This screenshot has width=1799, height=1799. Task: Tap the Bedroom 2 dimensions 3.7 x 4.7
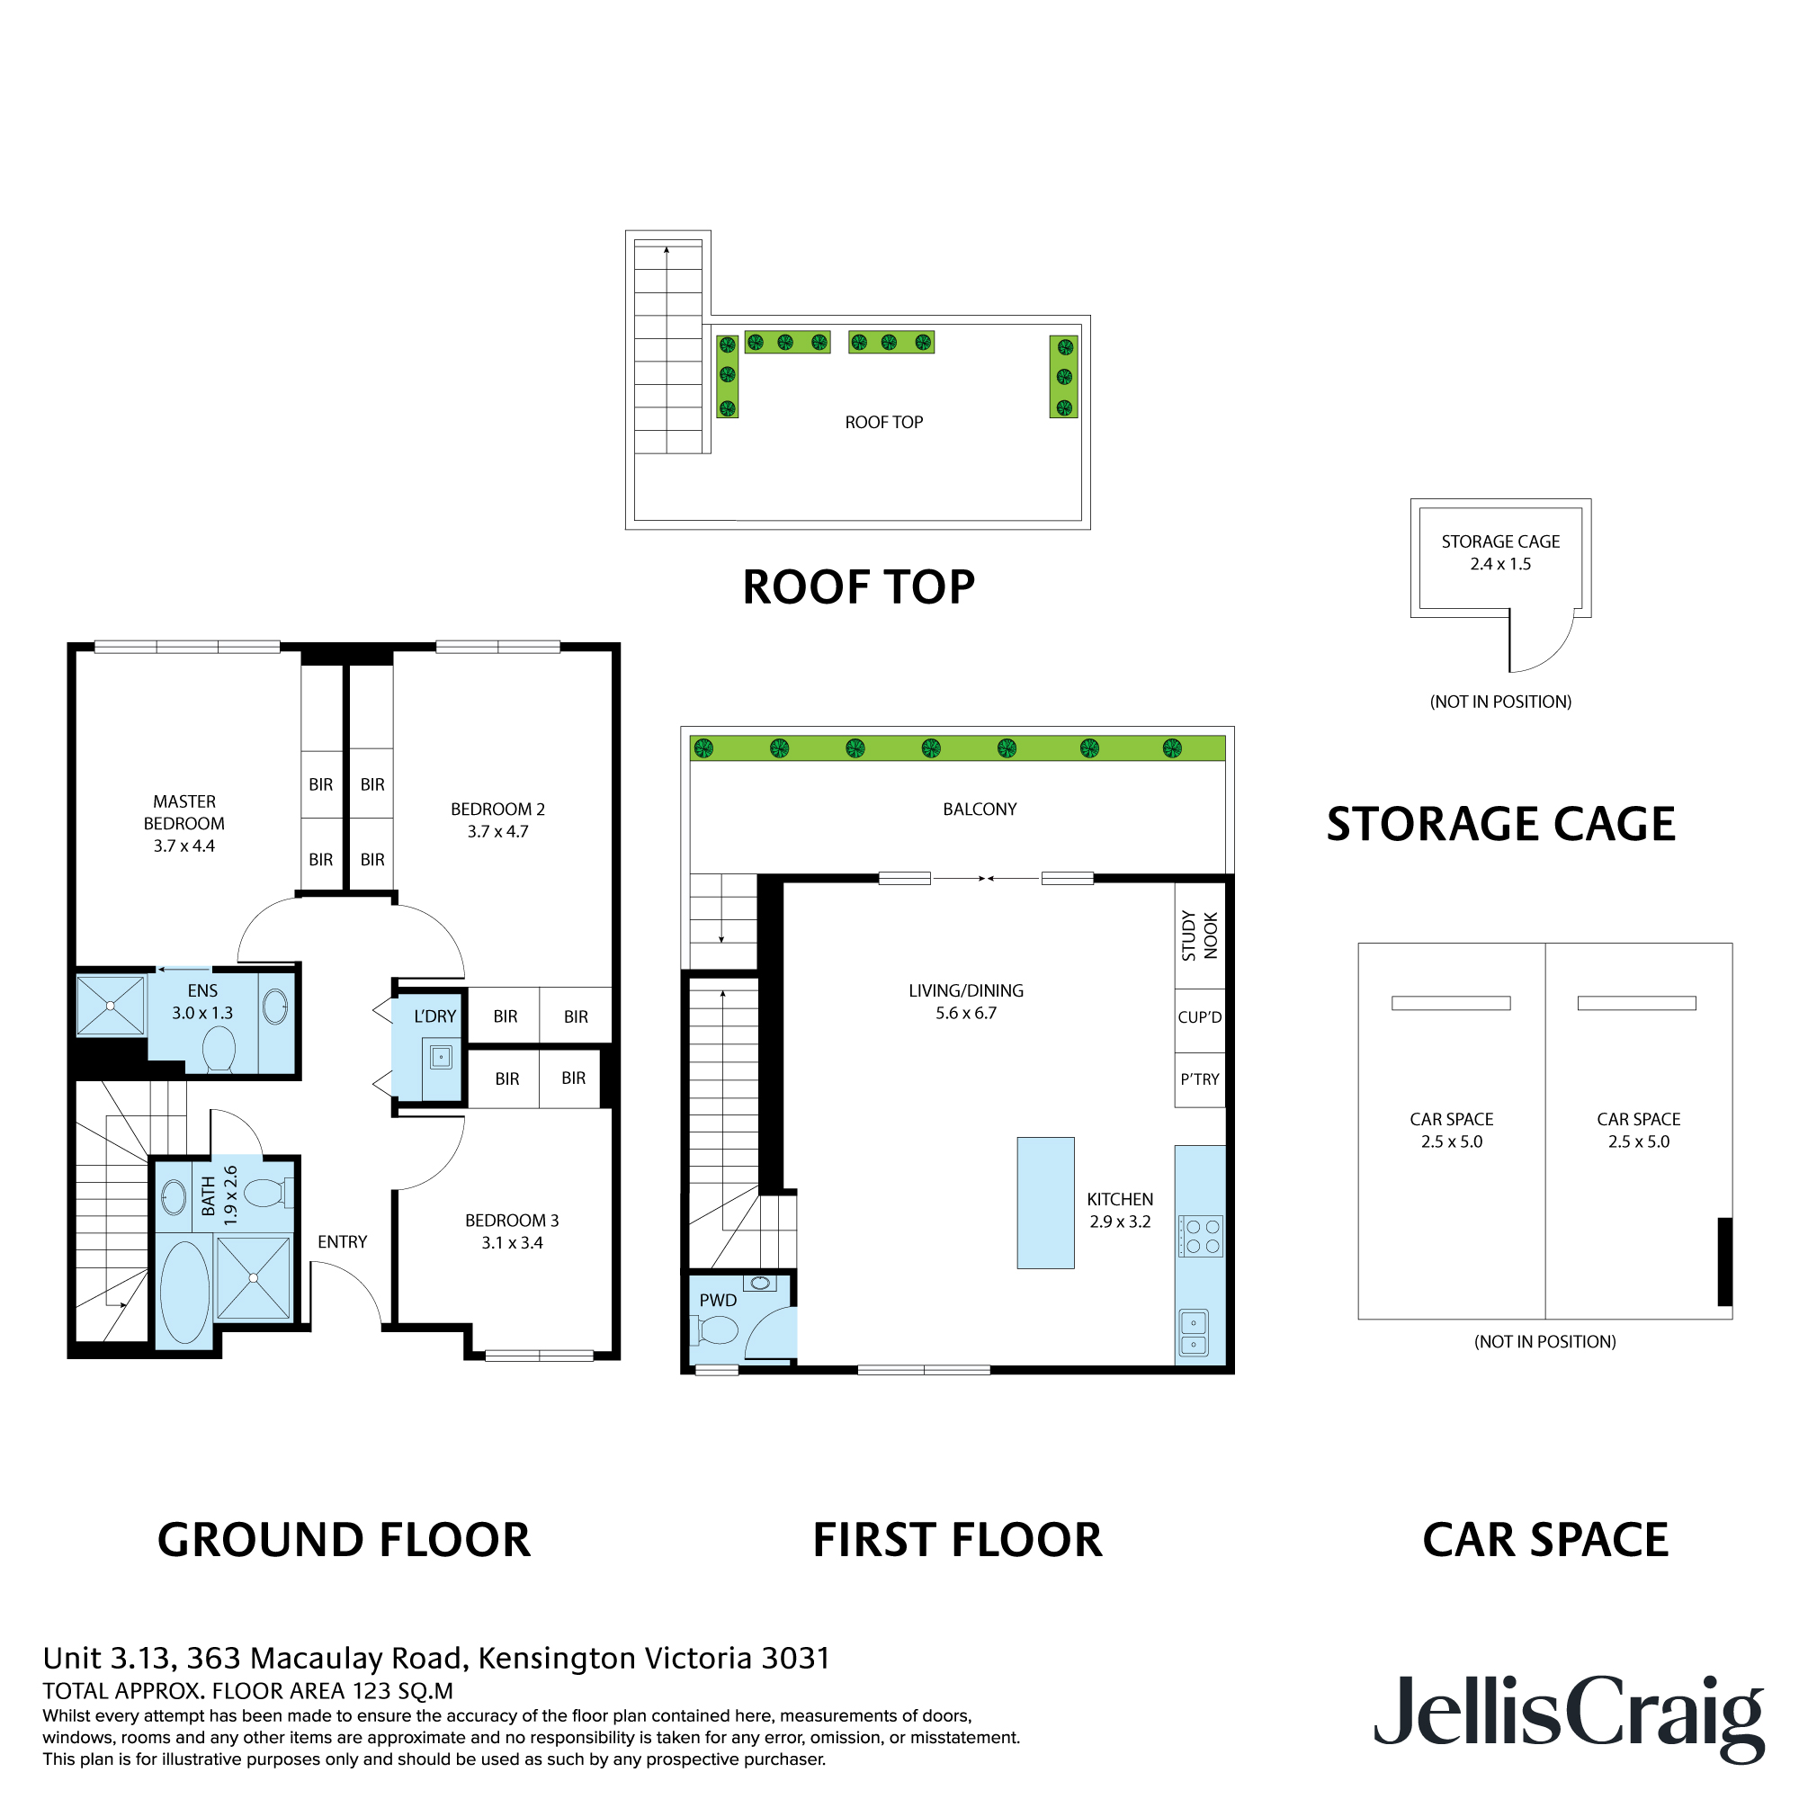pos(497,831)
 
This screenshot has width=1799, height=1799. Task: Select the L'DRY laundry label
pos(434,1016)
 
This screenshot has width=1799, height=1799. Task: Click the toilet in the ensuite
pos(219,1050)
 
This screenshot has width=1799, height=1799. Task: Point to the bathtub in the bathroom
pos(184,1291)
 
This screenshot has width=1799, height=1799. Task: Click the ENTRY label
pos(342,1241)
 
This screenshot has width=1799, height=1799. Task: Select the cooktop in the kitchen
pos(1201,1236)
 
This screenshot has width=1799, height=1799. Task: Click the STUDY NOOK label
pos(1199,935)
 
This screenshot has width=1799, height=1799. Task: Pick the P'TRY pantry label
pos(1199,1079)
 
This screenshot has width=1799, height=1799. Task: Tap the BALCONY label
pos(980,810)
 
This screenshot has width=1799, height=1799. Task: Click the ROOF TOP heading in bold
pos(857,587)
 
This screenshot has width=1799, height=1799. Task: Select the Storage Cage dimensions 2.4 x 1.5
pos(1500,563)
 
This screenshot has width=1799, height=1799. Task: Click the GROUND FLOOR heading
pos(344,1539)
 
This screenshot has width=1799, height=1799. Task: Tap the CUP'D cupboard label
pos(1199,1016)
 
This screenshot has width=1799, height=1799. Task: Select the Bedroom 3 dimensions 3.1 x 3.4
pos(511,1242)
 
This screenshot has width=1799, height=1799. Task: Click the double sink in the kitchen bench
pos(1194,1332)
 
